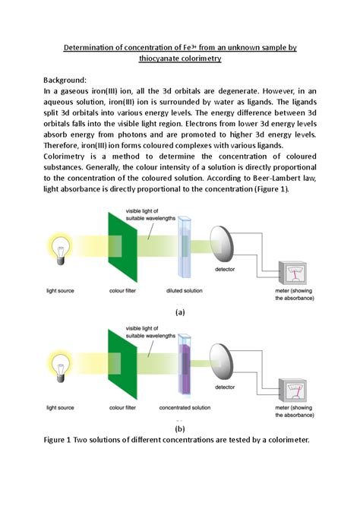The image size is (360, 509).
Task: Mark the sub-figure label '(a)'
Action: [180, 311]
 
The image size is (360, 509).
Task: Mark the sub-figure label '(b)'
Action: [180, 428]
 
